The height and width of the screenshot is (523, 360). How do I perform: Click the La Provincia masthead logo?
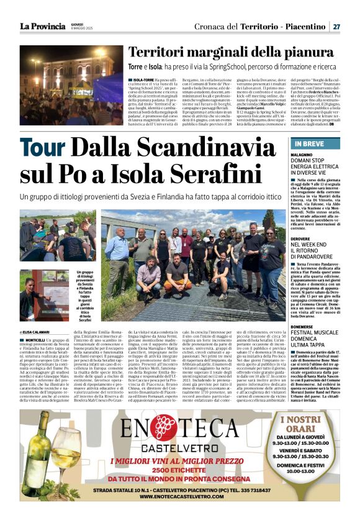coord(42,26)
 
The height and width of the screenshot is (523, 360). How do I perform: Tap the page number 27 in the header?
coord(336,27)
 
